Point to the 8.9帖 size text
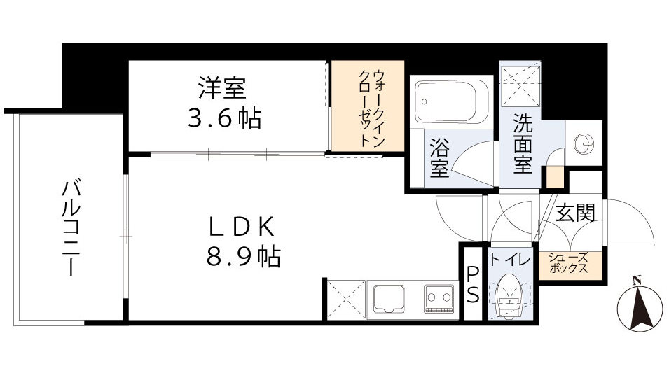coord(242,257)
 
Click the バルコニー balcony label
coord(69,227)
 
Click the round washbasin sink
coord(583,144)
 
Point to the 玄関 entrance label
coord(575,213)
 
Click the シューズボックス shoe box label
coord(568,263)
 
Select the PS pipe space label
coord(473,284)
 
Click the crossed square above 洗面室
coord(521,84)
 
